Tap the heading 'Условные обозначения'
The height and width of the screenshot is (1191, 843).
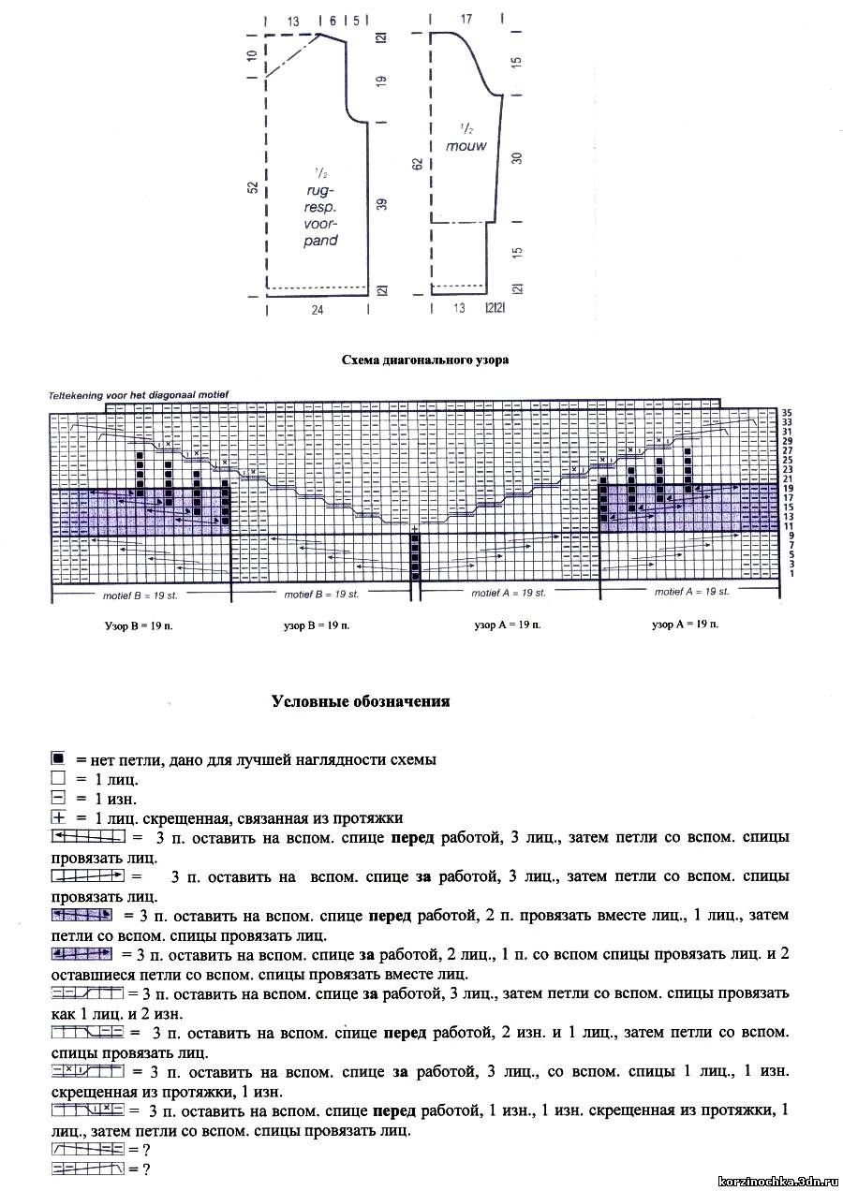(x=361, y=701)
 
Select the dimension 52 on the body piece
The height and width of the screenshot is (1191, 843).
(x=252, y=187)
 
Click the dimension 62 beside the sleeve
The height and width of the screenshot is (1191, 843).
(x=418, y=164)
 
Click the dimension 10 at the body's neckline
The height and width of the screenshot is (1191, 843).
(x=252, y=55)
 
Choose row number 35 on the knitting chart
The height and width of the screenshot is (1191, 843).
(x=788, y=412)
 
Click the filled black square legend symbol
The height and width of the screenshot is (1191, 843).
(x=58, y=759)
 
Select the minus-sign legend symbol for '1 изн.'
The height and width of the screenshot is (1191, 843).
(x=58, y=799)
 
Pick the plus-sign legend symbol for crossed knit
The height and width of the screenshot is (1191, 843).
(x=58, y=817)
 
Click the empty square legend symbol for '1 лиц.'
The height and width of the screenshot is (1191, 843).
(x=58, y=779)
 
